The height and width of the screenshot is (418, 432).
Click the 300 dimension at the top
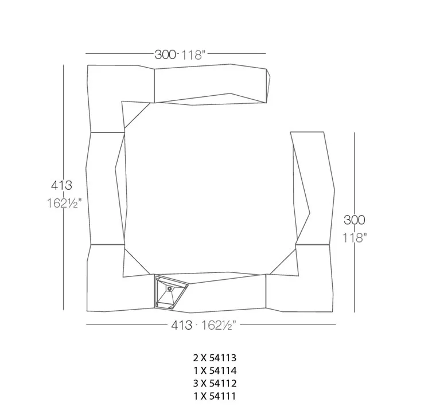(165, 54)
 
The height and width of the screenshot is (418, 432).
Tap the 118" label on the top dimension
(193, 55)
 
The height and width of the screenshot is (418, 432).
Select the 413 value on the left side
(61, 185)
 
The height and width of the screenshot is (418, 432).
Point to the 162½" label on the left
(64, 204)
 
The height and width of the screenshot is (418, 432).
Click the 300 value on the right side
(355, 220)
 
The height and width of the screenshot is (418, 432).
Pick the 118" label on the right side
(355, 237)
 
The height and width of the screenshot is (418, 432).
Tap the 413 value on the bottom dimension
(181, 325)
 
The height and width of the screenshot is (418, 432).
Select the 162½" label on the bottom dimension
(219, 325)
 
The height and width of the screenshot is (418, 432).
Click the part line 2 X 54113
(215, 358)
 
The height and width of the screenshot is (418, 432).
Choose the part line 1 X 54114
(215, 370)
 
